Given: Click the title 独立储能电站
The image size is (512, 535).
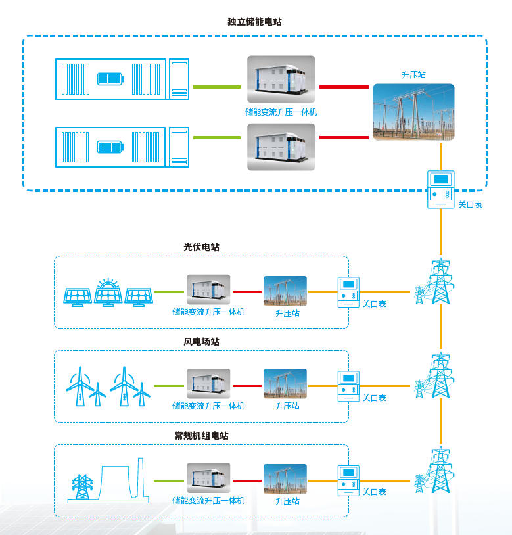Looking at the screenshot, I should [255, 22].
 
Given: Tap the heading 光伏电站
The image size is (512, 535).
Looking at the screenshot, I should [201, 247].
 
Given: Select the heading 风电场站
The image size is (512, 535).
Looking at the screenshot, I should [201, 342].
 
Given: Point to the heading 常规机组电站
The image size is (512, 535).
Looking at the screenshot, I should [201, 436].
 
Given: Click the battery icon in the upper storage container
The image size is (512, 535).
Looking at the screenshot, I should [110, 80].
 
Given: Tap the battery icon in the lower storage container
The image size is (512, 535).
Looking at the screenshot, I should [110, 146].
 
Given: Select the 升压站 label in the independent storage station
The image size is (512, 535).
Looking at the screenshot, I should [413, 75].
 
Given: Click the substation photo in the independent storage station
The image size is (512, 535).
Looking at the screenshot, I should [413, 111].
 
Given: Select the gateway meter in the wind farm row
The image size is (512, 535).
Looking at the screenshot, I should [348, 386].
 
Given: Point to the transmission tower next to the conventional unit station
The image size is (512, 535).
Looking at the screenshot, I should [439, 471].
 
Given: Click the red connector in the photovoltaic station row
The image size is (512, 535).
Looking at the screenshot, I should [246, 292].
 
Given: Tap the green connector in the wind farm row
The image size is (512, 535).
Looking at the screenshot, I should [170, 386].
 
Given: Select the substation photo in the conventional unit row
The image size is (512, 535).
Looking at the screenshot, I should [285, 479].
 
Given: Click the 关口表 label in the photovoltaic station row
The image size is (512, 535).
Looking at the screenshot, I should [374, 304].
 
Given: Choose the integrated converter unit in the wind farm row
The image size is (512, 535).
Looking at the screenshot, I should [208, 383].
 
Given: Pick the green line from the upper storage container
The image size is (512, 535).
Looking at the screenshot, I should [216, 87].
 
